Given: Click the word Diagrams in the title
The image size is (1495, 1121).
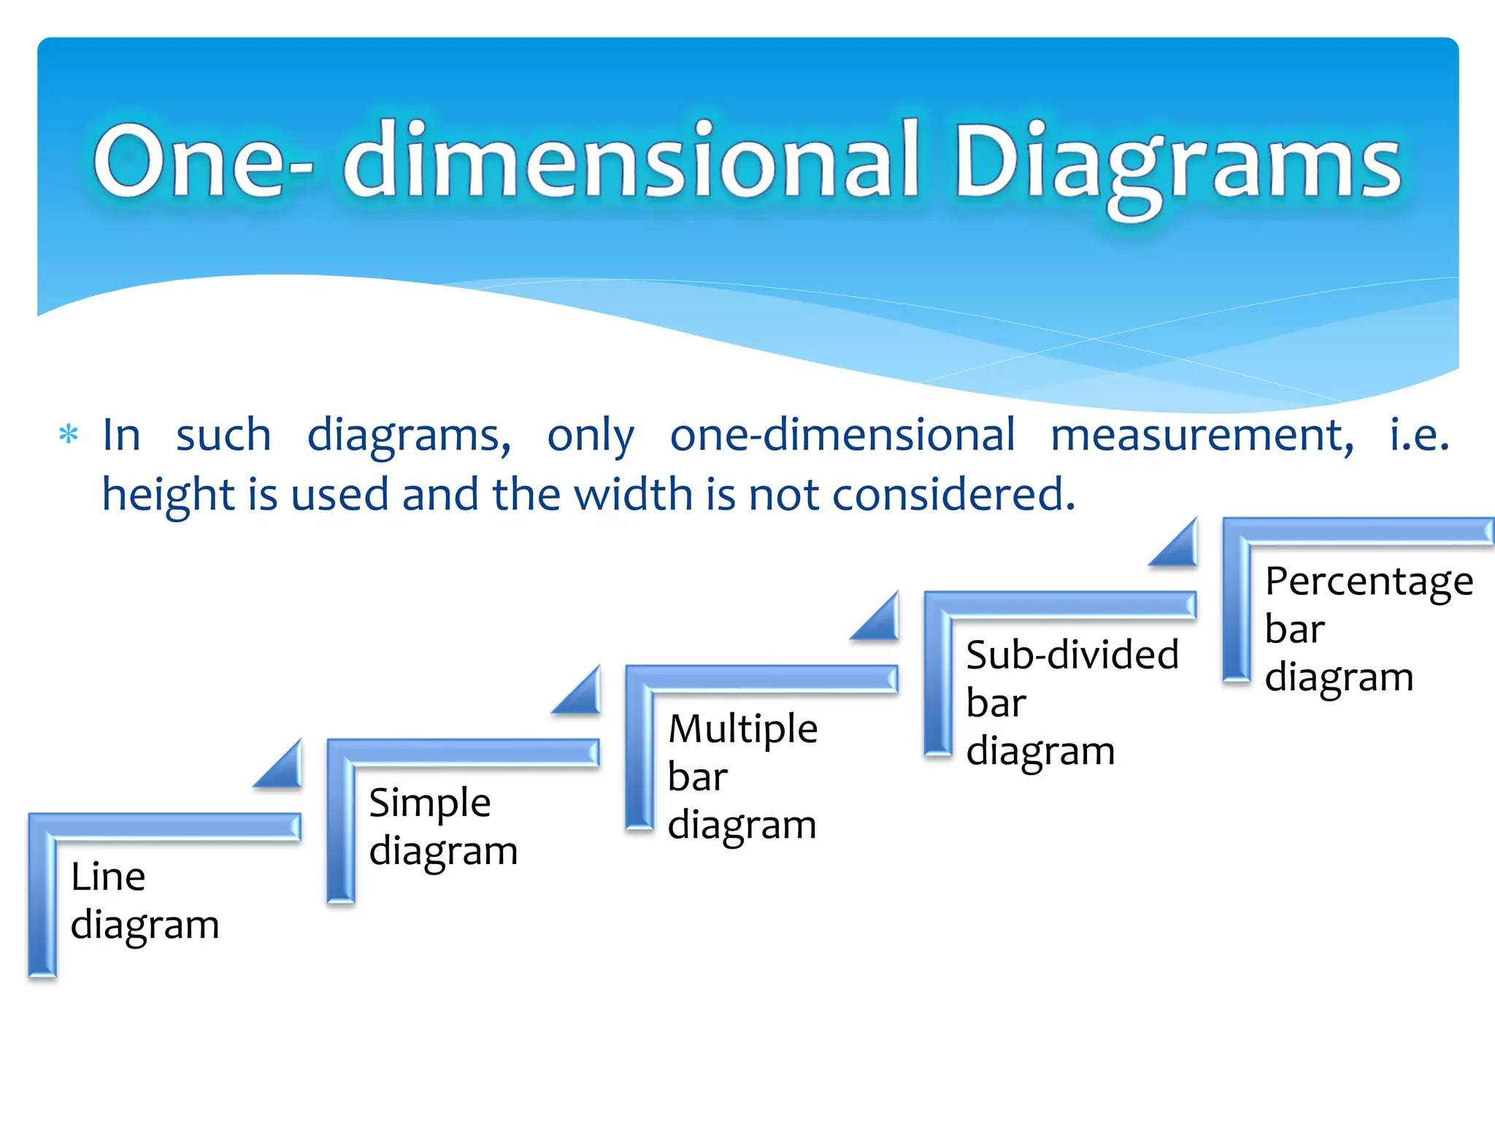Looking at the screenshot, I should coord(1177,162).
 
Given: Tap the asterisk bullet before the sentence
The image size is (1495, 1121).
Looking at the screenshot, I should coord(69,435).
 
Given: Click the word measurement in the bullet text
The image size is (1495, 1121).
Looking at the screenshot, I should coord(1202,436).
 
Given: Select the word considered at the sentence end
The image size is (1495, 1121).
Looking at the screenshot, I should coord(953,495).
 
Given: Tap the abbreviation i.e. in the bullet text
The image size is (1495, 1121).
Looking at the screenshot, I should coord(1419,436).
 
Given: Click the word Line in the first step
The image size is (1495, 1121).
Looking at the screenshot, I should coord(108,877).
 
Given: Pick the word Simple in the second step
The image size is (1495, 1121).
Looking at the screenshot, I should coord(430,804).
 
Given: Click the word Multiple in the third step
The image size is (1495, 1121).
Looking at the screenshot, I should coord(743,729).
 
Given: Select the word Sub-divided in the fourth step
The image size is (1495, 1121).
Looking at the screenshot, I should coord(1072,655).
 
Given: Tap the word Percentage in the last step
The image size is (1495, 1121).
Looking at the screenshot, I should coord(1369,582).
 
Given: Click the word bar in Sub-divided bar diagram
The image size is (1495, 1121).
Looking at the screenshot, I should coord(996,704).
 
